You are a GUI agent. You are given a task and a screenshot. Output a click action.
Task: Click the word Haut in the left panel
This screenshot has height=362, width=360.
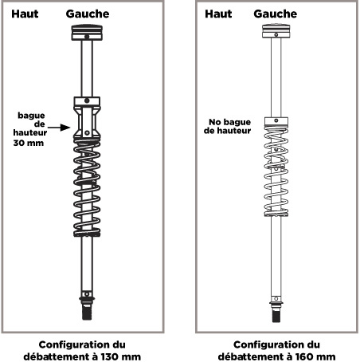(25, 14)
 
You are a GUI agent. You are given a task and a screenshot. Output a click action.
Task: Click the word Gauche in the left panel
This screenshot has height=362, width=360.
(88, 14)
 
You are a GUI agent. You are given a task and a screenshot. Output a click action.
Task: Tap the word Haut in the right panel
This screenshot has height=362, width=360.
(218, 14)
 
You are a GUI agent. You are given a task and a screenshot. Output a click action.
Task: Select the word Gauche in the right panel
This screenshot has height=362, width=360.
(276, 14)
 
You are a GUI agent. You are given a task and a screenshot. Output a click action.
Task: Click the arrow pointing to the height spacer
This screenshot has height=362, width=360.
(59, 128)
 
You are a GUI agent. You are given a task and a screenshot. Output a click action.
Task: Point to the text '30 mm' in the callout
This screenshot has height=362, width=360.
(29, 143)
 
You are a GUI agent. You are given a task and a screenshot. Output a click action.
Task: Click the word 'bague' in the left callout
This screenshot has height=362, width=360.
(31, 116)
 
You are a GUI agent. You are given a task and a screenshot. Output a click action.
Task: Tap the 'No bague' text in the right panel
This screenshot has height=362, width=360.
(230, 122)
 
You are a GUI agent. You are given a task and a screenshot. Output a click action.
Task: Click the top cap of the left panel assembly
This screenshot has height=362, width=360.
(87, 33)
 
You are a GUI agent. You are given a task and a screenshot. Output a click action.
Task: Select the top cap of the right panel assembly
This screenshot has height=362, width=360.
(276, 31)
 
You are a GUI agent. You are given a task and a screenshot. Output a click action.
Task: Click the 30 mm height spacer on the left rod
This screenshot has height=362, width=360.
(87, 118)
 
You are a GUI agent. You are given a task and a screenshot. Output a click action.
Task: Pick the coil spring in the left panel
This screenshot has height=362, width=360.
(87, 188)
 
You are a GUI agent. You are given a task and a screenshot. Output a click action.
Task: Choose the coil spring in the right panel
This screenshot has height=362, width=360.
(276, 171)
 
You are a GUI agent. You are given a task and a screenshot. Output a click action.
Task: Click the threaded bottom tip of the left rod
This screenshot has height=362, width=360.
(87, 313)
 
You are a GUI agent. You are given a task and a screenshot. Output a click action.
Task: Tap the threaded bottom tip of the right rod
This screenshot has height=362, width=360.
(276, 316)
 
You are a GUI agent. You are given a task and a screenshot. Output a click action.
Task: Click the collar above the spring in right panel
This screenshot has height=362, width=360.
(276, 121)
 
